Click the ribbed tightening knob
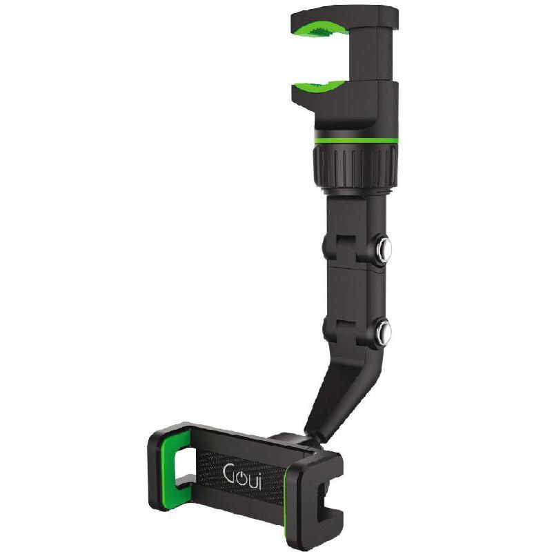coord(353,166)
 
